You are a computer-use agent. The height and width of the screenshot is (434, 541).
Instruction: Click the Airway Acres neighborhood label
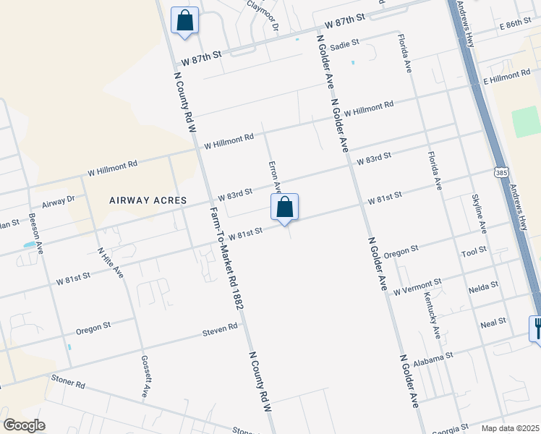[x=148, y=200]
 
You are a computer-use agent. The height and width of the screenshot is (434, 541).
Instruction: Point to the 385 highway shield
[x=502, y=172]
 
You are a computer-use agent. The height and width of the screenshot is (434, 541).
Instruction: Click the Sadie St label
[x=345, y=46]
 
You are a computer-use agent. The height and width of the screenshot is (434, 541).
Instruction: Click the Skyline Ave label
[x=480, y=213]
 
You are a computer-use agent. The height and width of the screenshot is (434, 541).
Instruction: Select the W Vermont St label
[x=417, y=287]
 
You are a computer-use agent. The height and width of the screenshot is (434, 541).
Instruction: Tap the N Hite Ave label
[x=110, y=263]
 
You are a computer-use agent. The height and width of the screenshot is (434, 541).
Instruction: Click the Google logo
[x=24, y=425]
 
